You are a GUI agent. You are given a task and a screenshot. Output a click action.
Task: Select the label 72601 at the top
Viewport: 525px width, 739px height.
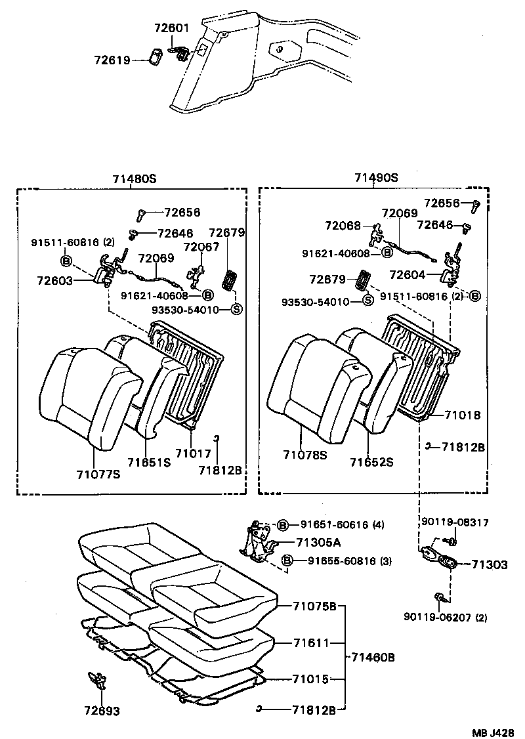(x=171, y=28)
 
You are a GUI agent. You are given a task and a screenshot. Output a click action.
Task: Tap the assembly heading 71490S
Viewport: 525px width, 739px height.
(x=377, y=178)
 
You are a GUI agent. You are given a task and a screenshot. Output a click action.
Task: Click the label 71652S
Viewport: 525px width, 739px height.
(x=371, y=462)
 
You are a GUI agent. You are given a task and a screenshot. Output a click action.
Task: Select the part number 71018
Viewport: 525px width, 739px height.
(x=462, y=415)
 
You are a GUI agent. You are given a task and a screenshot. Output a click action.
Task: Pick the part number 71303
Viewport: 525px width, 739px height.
(x=489, y=564)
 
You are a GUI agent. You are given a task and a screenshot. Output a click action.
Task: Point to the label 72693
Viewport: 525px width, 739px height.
(x=102, y=710)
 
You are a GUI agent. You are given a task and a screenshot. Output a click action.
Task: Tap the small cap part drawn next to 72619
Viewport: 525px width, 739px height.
(x=156, y=57)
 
